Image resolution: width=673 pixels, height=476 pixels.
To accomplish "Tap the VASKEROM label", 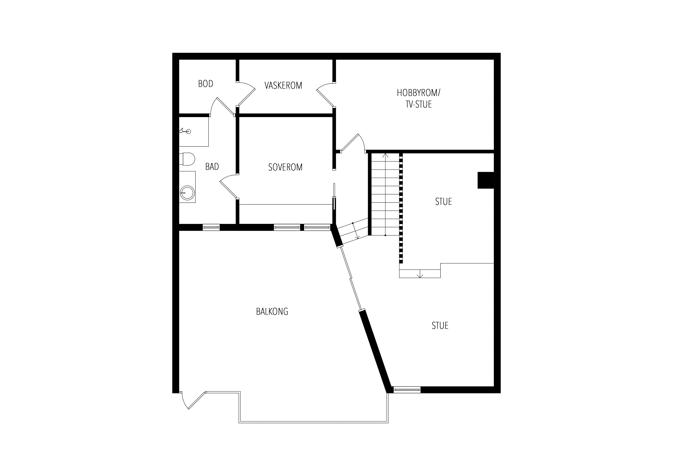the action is point(283,85).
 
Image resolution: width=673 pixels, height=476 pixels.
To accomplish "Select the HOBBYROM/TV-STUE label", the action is point(419,98).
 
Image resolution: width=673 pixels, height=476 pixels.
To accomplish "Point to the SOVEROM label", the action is point(285,167).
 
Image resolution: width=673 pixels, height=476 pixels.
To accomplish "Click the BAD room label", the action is point(212,167).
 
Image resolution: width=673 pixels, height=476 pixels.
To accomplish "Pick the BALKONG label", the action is point(272,312).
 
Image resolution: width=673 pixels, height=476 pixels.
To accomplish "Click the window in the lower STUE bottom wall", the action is point(407,390).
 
